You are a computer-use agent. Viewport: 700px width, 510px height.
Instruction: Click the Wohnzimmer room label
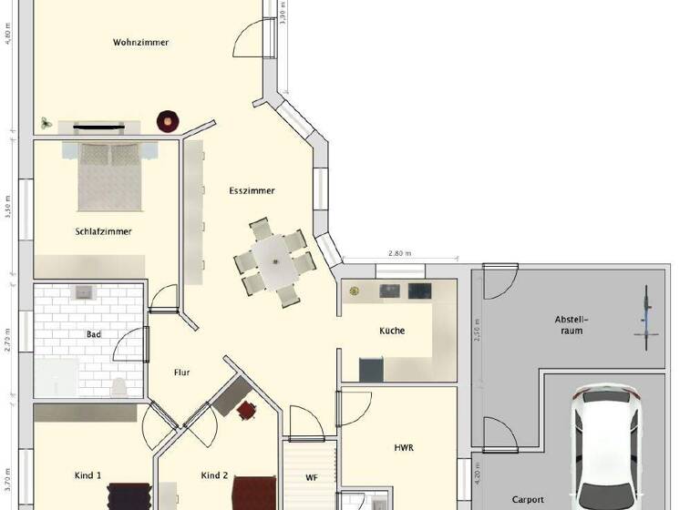[141, 42]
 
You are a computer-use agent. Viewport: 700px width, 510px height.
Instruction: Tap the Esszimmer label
[252, 190]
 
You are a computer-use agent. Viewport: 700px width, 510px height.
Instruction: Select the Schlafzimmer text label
[104, 231]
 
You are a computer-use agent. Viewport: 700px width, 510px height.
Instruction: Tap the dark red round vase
[169, 119]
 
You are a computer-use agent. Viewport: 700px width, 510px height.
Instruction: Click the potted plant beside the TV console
[45, 121]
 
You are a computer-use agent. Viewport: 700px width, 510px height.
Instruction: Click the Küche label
[393, 331]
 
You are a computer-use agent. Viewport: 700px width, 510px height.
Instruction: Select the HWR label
[404, 448]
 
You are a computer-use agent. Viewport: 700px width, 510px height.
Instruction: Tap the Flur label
[182, 371]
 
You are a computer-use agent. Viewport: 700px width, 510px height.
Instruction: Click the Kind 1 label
[87, 475]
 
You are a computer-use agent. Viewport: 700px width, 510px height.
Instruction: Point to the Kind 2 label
[213, 475]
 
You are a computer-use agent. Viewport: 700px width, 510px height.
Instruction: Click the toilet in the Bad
[118, 387]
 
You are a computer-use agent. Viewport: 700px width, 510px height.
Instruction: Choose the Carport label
[528, 499]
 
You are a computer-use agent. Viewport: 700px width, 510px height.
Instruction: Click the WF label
[311, 477]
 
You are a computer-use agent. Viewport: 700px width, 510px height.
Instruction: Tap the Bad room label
[94, 334]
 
